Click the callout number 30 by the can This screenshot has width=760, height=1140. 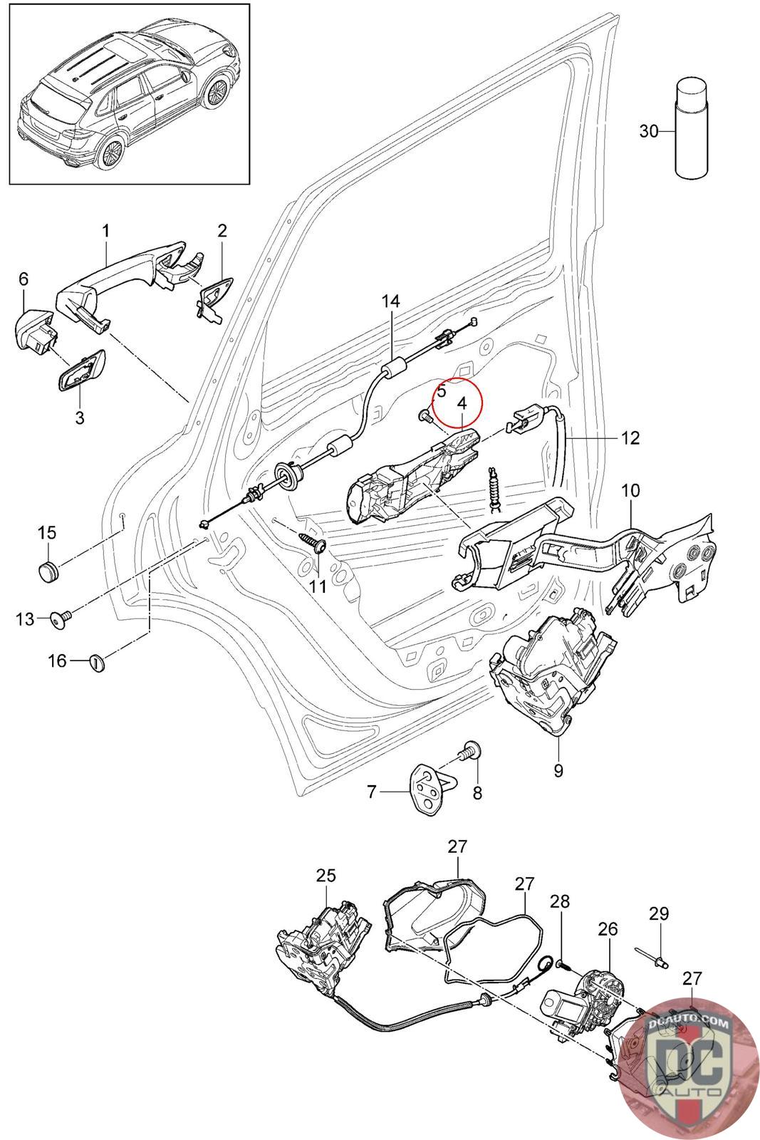point(648,131)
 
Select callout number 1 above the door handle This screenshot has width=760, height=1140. point(105,231)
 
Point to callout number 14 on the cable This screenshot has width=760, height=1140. point(390,301)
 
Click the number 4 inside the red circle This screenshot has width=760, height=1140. point(462,403)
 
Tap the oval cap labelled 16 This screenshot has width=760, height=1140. point(98,662)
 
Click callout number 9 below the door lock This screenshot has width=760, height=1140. point(558,771)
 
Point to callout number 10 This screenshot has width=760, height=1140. point(631,491)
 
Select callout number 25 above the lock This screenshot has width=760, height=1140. point(326,876)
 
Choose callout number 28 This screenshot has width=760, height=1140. point(561,901)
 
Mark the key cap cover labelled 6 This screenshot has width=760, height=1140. point(34,328)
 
